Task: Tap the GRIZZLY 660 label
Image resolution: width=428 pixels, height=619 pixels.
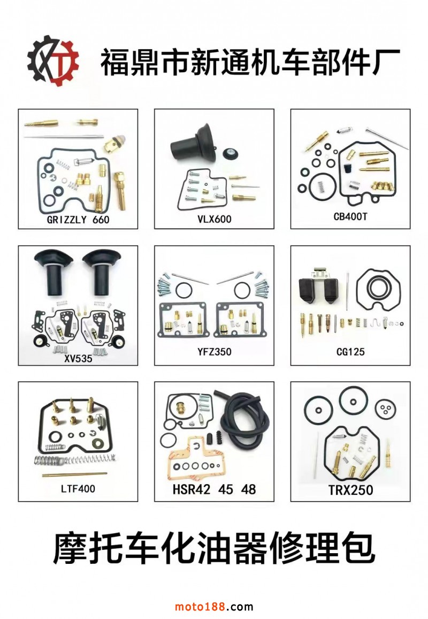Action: pos(78,220)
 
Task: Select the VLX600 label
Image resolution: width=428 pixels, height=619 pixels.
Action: pos(214,219)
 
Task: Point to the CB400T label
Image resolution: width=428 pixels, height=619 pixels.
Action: pos(350,216)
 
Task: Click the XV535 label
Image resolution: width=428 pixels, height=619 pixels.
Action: pos(78,358)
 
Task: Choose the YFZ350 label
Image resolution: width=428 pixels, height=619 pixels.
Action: pos(214,351)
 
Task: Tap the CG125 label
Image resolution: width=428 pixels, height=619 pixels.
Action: pos(350,351)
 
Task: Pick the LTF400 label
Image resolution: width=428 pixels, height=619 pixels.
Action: pos(78,489)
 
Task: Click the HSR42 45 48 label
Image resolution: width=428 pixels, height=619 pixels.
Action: pos(214,489)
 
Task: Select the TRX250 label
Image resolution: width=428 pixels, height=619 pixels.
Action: pos(350,490)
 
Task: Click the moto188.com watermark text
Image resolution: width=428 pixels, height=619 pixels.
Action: pos(214,606)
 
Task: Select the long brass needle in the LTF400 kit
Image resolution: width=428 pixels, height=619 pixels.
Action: pos(74,474)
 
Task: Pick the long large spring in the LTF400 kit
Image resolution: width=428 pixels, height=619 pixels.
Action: pos(75,459)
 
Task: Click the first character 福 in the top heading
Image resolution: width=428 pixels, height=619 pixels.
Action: pos(115,62)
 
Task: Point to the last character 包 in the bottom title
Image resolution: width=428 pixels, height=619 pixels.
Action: pos(358,548)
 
